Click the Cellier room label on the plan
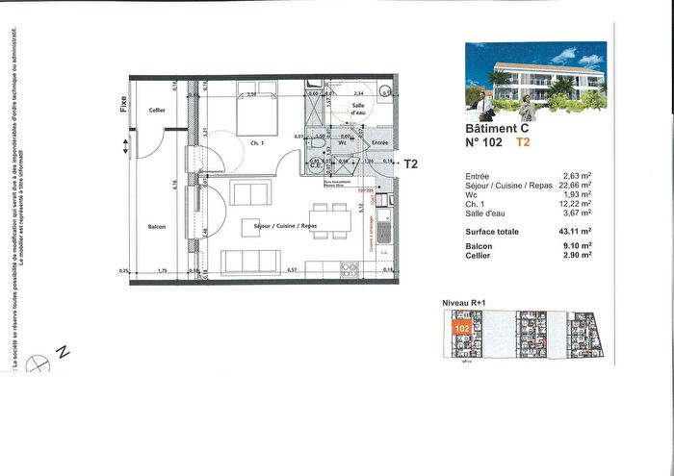click(157, 111)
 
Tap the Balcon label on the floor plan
click(157, 227)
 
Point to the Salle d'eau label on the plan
click(358, 110)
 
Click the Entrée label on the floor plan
click(379, 142)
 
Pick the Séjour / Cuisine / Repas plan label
click(284, 226)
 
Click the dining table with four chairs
click(328, 220)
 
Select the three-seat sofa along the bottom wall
click(250, 262)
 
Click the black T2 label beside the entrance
click(411, 163)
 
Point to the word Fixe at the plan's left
click(124, 103)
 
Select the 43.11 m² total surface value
click(572, 232)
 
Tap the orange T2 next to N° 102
click(523, 142)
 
